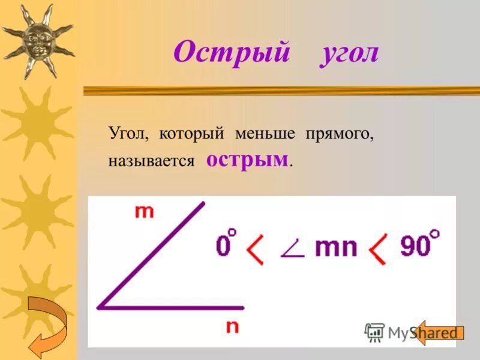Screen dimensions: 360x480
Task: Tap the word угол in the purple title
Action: pyautogui.click(x=349, y=54)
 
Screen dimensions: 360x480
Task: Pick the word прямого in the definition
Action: pyautogui.click(x=340, y=134)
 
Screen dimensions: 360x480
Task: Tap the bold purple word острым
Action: pyautogui.click(x=247, y=160)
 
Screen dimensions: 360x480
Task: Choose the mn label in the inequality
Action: pyautogui.click(x=336, y=247)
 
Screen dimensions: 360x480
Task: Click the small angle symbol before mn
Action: pyautogui.click(x=292, y=250)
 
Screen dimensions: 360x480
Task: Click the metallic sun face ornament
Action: pyautogui.click(x=37, y=40)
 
